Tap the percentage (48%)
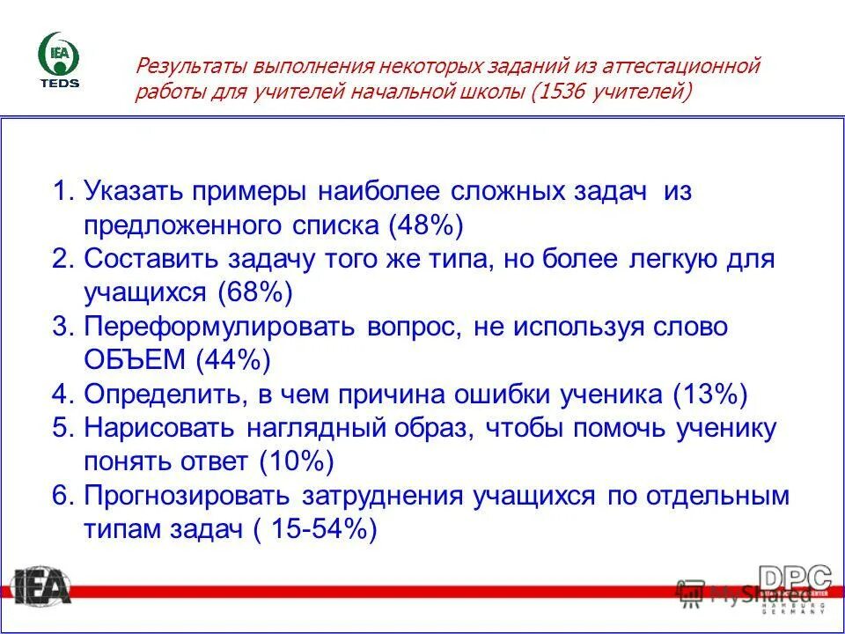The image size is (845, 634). click(x=425, y=225)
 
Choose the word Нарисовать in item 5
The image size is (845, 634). click(x=158, y=428)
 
